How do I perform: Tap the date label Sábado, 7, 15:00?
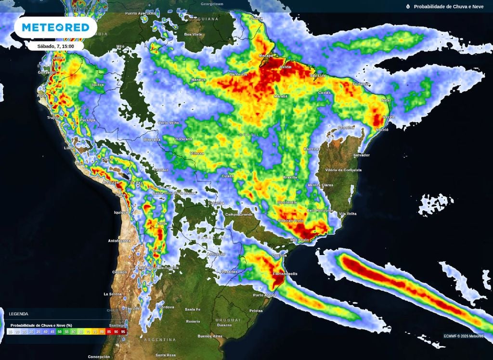click(55, 46)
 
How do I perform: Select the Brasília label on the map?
click(290, 177)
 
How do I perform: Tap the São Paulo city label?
click(299, 239)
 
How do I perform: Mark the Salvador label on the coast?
click(362, 155)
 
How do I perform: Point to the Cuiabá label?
click(228, 176)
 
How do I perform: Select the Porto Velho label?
click(169, 123)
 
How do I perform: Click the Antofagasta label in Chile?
click(120, 241)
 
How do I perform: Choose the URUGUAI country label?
click(228, 320)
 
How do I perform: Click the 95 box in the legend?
click(123, 332)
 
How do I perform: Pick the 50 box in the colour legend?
click(59, 332)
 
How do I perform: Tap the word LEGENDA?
click(19, 314)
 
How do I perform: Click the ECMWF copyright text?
click(464, 336)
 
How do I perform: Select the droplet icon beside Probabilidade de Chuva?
click(408, 6)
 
